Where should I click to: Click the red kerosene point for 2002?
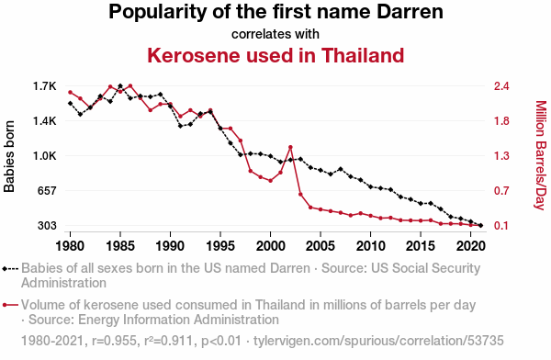pos(290,147)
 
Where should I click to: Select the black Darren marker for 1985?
pos(120,86)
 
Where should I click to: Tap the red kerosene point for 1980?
pos(70,93)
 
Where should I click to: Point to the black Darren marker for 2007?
pos(340,169)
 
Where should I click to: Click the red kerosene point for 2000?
pos(270,181)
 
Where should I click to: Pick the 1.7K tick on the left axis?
pos(45,86)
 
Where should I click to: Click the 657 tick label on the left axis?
pos(47,190)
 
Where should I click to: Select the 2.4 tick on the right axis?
pos(501,86)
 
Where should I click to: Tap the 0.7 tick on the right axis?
pos(501,190)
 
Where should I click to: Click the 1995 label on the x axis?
pos(220,246)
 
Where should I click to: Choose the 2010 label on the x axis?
pos(370,246)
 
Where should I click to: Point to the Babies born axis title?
pos(9,156)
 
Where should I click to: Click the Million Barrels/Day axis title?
pos(541,155)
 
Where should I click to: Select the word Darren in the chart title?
pos(410,12)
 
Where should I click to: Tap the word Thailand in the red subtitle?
pos(363,55)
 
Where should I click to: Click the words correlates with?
pos(275,34)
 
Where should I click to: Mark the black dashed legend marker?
pos(10,269)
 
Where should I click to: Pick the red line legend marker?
pos(10,305)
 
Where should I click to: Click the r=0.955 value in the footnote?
pos(114,341)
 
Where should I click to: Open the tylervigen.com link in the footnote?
pos(378,341)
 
